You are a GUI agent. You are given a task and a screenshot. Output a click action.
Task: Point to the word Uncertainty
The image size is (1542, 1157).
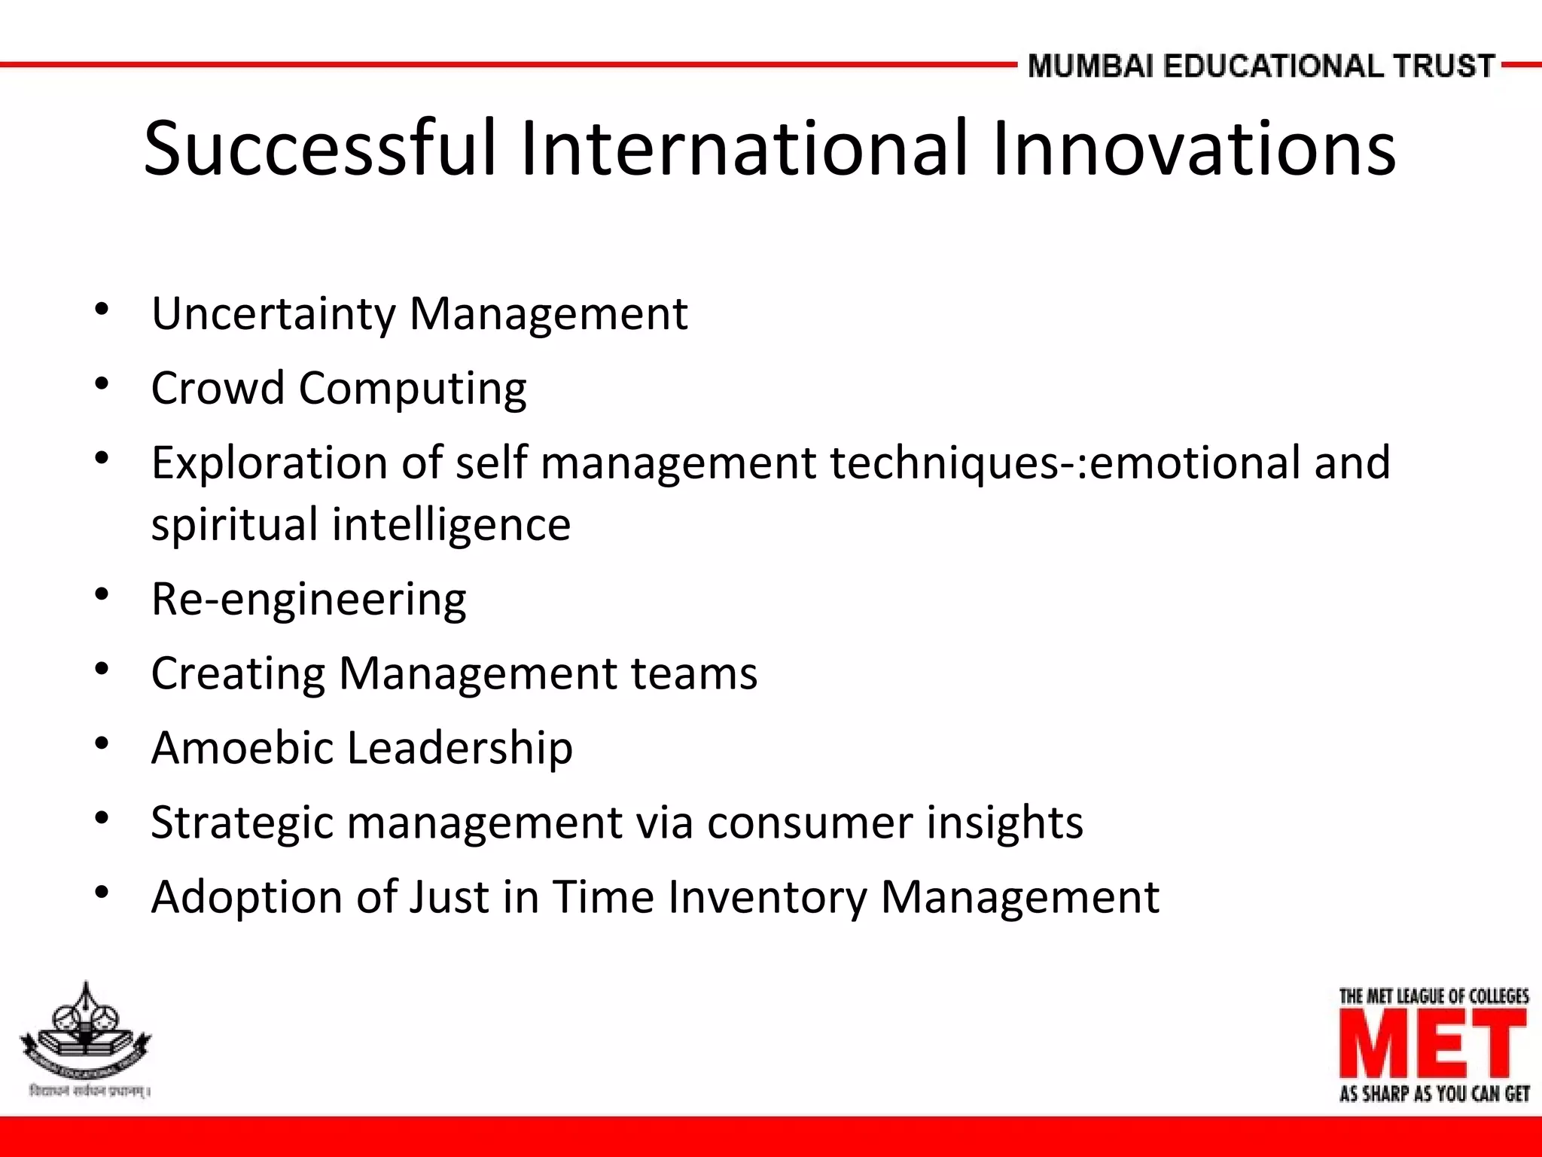[x=273, y=313]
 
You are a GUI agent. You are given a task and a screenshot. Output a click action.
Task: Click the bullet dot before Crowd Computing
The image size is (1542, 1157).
[x=102, y=384]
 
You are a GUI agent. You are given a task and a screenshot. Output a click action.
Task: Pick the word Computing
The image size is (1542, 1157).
[x=413, y=389]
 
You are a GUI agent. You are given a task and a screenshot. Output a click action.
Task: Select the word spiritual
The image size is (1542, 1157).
[x=234, y=525]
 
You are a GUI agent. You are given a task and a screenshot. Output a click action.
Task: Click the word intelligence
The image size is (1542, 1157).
[x=451, y=525]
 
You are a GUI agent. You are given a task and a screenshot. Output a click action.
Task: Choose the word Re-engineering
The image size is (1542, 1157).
[x=309, y=600]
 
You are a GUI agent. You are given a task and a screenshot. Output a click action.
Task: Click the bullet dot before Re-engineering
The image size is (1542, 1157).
[x=102, y=595]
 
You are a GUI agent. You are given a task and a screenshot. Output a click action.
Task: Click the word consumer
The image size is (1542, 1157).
[x=809, y=822]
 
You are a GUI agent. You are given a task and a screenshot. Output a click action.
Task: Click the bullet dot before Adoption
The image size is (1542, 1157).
[x=102, y=893]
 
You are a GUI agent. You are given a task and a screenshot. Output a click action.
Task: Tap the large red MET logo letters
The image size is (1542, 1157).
[x=1433, y=1044]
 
